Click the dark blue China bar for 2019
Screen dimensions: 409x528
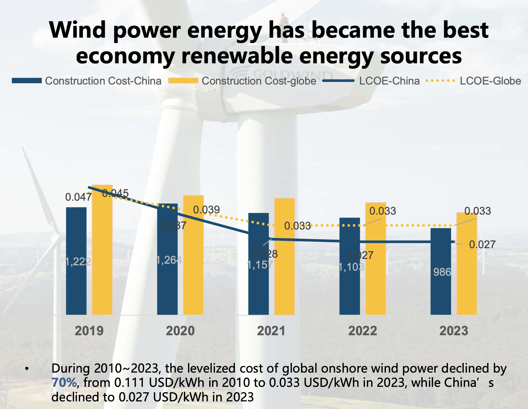click(x=76, y=285)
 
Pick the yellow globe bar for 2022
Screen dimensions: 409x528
click(x=375, y=285)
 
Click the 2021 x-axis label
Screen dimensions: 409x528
click(x=271, y=331)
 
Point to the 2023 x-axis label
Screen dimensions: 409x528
click(x=454, y=331)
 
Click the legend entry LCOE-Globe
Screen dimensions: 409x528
click(x=490, y=81)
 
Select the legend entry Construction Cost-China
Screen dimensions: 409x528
click(x=103, y=81)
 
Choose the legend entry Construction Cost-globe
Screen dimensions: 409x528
click(x=259, y=81)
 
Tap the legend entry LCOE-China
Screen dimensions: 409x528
click(x=389, y=81)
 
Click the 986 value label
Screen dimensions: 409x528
click(x=442, y=272)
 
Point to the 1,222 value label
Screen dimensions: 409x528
click(x=78, y=262)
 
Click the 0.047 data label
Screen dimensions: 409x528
click(x=78, y=197)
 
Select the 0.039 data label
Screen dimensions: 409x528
click(x=206, y=210)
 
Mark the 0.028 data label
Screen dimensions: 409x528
click(x=264, y=254)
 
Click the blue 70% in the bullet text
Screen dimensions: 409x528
click(x=64, y=383)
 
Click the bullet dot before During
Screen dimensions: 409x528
click(x=27, y=369)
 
